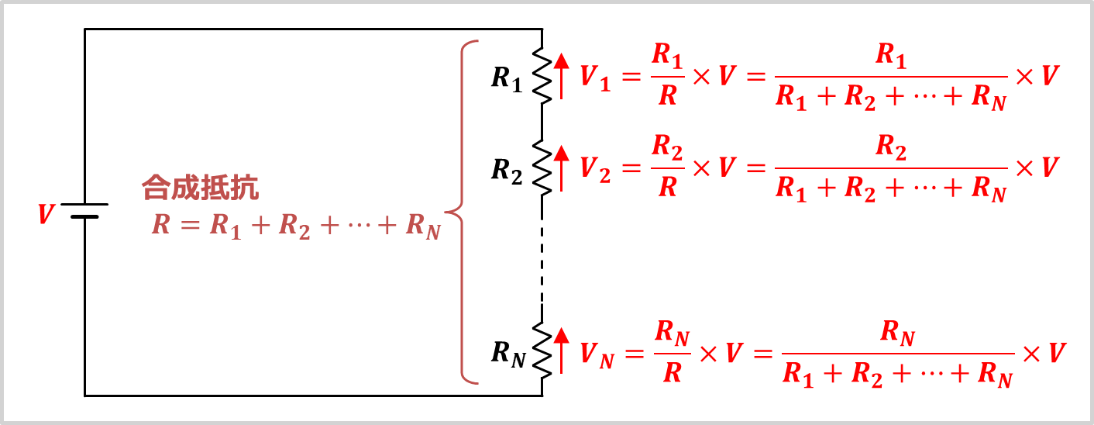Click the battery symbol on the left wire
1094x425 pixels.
(x=84, y=210)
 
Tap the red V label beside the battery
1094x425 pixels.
(x=46, y=214)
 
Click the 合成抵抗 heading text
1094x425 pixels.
(x=200, y=188)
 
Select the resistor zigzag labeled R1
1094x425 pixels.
(x=542, y=75)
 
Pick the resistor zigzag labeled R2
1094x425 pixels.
(x=542, y=168)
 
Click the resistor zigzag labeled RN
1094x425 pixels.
(x=542, y=351)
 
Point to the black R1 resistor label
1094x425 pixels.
(x=507, y=79)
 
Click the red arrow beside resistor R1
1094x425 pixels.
(x=562, y=76)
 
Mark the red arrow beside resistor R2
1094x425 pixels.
(x=562, y=168)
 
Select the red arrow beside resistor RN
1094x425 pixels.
(x=562, y=351)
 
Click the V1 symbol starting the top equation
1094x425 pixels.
(x=595, y=78)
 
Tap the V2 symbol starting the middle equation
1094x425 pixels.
(x=595, y=170)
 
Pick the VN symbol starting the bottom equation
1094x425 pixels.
(x=597, y=355)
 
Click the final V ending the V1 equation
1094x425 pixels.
(x=1050, y=76)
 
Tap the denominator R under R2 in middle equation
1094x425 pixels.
(x=668, y=187)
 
